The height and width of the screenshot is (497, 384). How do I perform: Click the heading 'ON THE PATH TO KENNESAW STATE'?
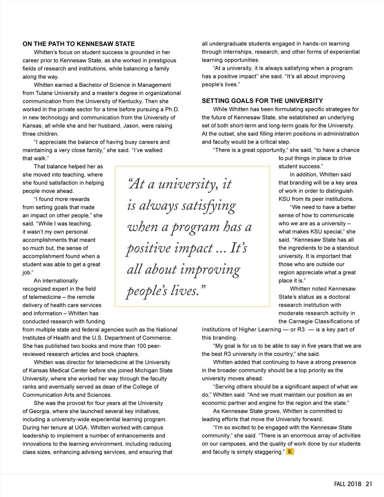(78, 44)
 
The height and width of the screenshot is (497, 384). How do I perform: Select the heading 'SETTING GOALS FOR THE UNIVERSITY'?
(262, 101)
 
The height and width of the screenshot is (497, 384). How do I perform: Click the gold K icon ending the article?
(290, 452)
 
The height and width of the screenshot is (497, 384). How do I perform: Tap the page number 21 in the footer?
(369, 484)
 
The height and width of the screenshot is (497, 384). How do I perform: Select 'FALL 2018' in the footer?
(346, 484)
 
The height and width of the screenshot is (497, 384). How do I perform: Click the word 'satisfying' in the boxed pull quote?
(209, 206)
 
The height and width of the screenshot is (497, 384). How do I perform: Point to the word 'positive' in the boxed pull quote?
(148, 248)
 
